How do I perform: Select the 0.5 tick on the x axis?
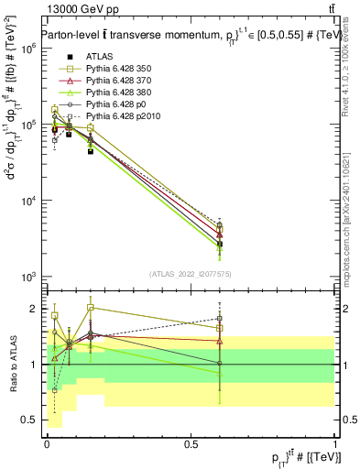pyautogui.click(x=191, y=443)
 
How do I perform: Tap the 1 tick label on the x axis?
pyautogui.click(x=335, y=443)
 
